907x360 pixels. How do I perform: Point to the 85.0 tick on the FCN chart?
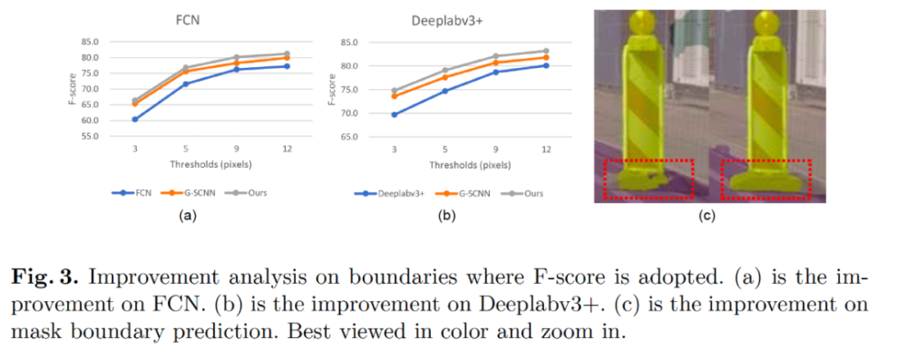coord(89,42)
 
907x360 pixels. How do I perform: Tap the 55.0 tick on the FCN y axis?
coord(89,136)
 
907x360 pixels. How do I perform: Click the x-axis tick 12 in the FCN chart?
coord(287,149)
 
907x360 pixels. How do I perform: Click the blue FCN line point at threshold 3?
coord(135,119)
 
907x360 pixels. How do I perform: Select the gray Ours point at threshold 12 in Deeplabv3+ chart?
coord(546,51)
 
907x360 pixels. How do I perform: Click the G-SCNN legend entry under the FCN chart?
coord(196,193)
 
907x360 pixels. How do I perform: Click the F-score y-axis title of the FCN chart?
coord(73,89)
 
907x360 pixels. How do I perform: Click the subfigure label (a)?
coord(188,217)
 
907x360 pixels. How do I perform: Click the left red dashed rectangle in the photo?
coord(648,178)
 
